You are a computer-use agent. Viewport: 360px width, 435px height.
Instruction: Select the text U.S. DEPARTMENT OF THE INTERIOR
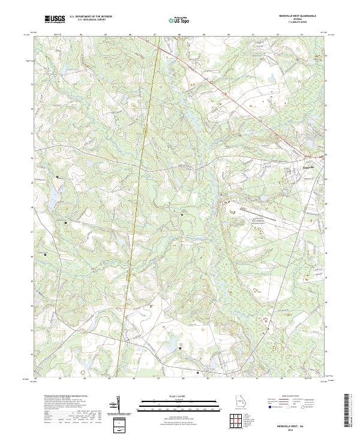91,17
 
